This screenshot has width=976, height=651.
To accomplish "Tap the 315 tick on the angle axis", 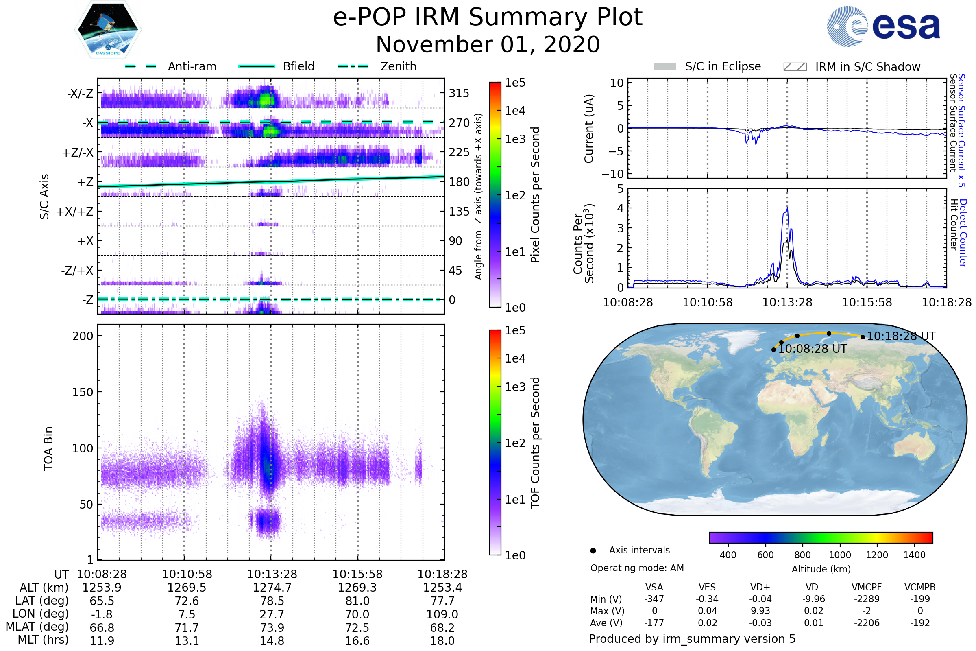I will [459, 93].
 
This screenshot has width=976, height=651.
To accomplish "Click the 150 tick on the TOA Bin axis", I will [83, 392].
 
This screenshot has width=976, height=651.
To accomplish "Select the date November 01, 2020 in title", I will [488, 44].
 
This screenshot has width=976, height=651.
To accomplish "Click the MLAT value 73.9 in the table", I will [272, 628].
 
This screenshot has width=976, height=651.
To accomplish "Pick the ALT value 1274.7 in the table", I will [272, 588].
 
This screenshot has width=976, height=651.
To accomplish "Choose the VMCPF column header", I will [867, 587].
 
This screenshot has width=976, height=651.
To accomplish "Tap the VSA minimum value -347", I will [654, 599].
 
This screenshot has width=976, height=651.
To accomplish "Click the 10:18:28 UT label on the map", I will [901, 336].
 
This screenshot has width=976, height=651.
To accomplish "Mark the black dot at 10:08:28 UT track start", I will [773, 350].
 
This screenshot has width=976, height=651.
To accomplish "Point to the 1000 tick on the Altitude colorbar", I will [840, 555].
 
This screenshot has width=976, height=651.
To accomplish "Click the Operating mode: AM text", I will [637, 568].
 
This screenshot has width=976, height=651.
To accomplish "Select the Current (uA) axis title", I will [589, 129].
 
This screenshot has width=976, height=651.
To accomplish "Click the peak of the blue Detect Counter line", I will [787, 208].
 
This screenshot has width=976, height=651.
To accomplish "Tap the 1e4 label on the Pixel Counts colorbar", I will [515, 111].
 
